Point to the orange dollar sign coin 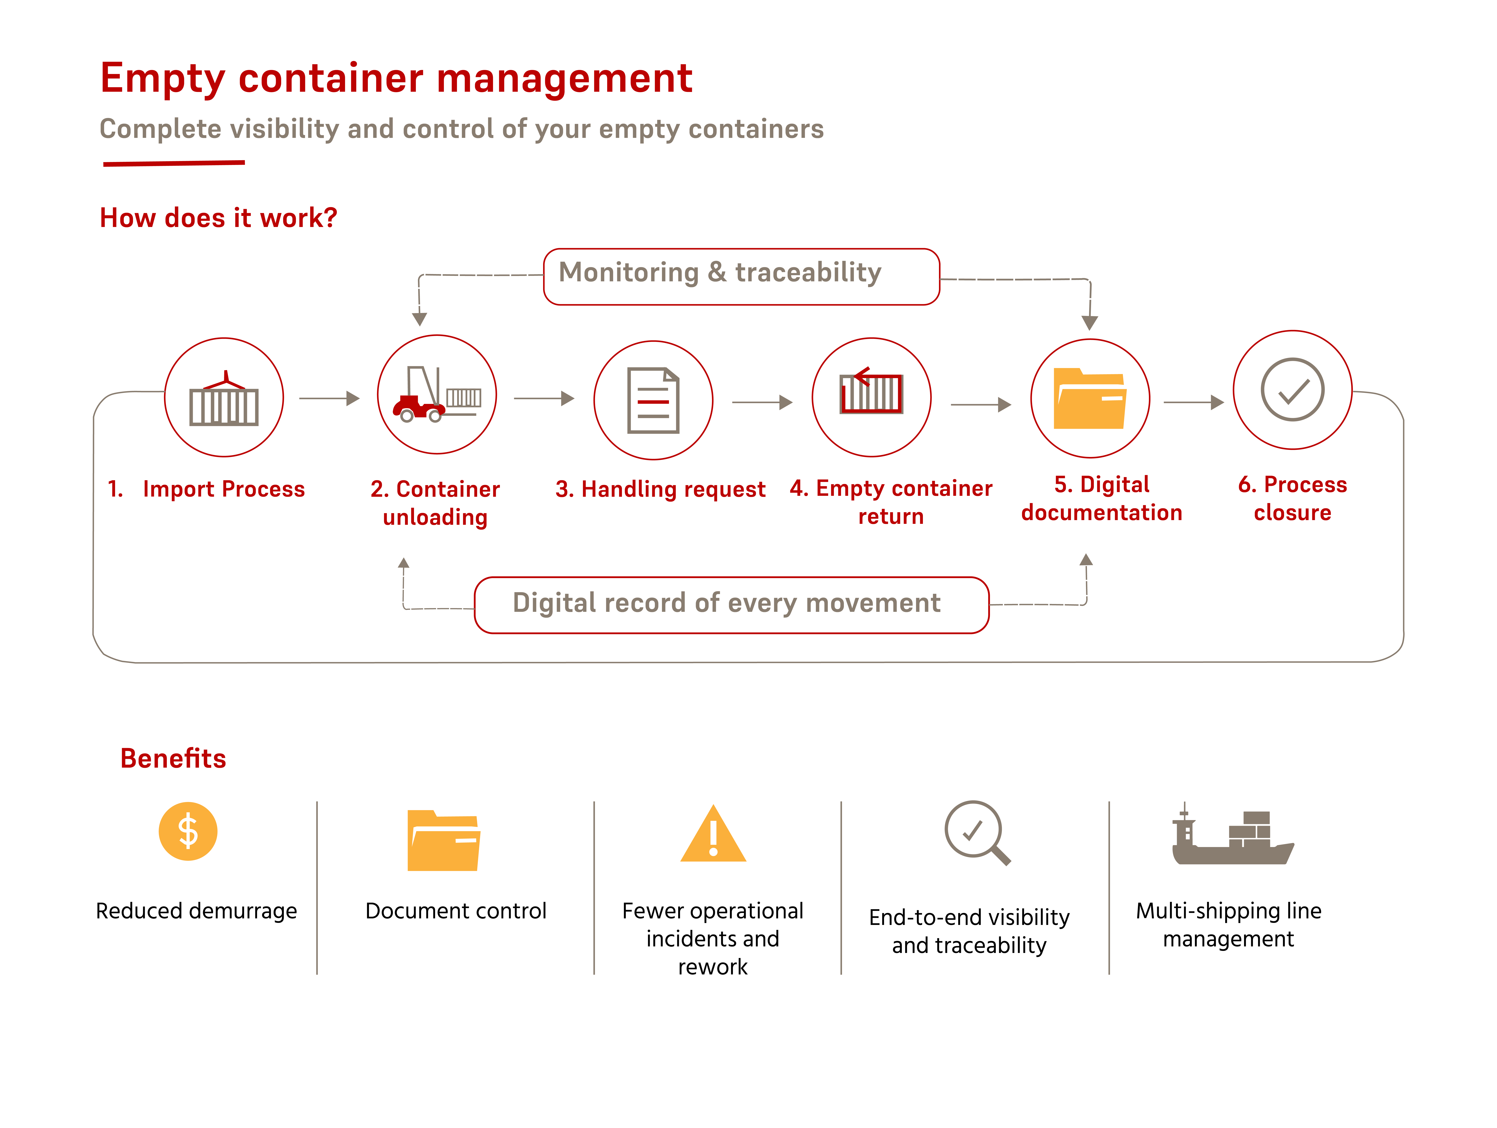pos(188,831)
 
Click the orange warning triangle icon pos(713,834)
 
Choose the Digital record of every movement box pos(732,605)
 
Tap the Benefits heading pos(173,758)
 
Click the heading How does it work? pos(219,218)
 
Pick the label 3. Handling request pos(661,489)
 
